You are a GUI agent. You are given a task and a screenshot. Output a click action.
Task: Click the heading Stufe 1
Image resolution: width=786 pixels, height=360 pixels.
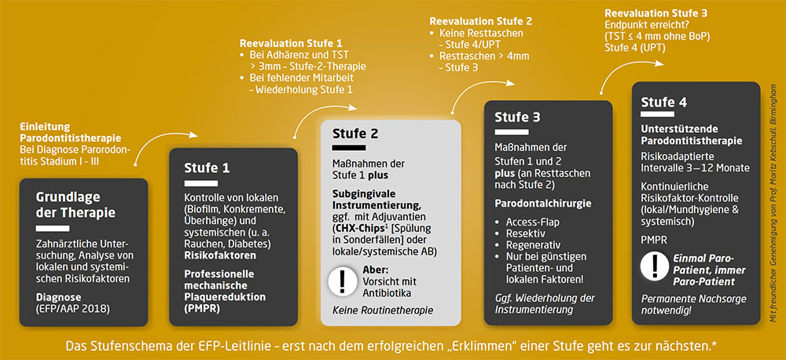pyautogui.click(x=207, y=167)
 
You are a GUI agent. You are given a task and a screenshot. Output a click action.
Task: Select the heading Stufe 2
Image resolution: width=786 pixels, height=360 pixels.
pyautogui.click(x=355, y=134)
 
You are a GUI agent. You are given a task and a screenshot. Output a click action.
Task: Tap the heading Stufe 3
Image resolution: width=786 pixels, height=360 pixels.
pyautogui.click(x=518, y=117)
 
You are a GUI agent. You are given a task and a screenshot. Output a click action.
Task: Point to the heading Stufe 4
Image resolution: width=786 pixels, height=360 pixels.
pyautogui.click(x=664, y=102)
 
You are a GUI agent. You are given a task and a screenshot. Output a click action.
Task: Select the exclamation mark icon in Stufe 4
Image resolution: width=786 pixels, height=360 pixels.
pyautogui.click(x=655, y=266)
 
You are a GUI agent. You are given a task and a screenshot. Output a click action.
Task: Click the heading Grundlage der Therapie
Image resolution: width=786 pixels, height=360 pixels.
pyautogui.click(x=75, y=204)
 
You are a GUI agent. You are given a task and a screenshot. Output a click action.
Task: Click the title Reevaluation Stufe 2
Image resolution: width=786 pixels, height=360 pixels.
pyautogui.click(x=481, y=21)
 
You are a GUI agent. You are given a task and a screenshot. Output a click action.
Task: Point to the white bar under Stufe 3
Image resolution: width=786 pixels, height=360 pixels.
pyautogui.click(x=512, y=132)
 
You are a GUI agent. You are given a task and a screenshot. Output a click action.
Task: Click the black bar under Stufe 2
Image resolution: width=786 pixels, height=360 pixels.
pyautogui.click(x=350, y=149)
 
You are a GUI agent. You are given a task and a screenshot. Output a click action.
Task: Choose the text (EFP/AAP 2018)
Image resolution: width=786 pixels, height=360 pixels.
pyautogui.click(x=72, y=309)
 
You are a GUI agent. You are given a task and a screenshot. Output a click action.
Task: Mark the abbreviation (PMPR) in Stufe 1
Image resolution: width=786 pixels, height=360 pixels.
pyautogui.click(x=202, y=309)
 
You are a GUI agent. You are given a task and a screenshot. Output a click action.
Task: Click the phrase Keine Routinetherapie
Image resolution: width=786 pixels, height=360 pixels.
pyautogui.click(x=383, y=310)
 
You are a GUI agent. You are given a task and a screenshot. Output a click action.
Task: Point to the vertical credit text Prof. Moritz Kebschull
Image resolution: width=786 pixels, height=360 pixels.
pyautogui.click(x=774, y=181)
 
